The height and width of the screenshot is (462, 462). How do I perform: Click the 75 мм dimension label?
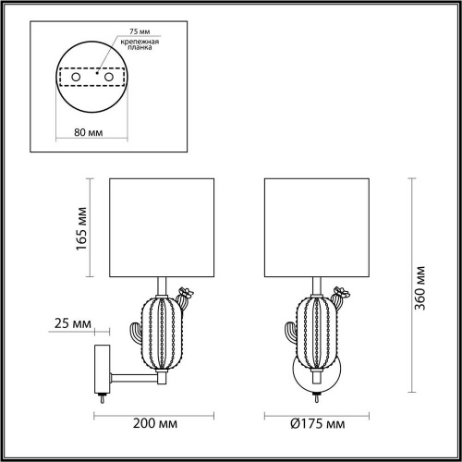[x=126, y=30]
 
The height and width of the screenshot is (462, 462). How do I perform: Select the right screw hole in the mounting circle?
[x=110, y=78]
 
